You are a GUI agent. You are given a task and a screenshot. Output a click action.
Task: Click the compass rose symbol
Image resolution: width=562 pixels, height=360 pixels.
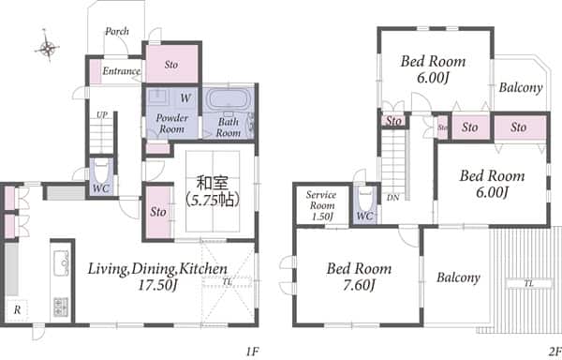(x=47, y=47)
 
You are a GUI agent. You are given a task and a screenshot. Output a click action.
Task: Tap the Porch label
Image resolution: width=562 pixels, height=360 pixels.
(x=117, y=32)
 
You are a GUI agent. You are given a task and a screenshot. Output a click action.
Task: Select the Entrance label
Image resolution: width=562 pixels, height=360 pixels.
(x=122, y=71)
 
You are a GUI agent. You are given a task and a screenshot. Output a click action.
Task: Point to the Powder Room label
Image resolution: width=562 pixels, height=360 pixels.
(x=172, y=123)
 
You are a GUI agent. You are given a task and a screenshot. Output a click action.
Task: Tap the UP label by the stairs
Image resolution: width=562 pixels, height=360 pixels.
(x=102, y=115)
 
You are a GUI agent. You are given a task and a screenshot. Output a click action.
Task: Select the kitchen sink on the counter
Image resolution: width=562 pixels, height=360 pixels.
(x=61, y=262)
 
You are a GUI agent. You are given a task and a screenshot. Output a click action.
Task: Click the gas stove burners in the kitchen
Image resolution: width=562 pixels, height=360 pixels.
(x=61, y=307)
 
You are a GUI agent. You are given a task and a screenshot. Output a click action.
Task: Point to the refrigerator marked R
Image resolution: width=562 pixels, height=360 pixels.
(x=17, y=309)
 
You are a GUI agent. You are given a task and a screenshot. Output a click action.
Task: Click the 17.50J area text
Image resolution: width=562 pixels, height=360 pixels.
(x=157, y=285)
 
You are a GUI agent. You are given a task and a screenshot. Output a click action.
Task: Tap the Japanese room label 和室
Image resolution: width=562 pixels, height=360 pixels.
(x=213, y=183)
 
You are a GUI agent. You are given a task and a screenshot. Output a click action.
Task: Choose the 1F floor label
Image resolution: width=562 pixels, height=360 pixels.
(x=252, y=352)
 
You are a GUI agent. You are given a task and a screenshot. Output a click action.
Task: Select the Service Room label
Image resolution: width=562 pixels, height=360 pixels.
(x=321, y=205)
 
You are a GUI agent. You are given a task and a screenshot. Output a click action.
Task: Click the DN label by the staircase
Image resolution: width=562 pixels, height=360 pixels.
(x=393, y=198)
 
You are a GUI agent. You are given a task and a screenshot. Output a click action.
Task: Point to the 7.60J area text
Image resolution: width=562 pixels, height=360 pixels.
(x=359, y=285)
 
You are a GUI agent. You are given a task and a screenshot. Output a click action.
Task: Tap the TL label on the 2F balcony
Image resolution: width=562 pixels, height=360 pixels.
(x=529, y=284)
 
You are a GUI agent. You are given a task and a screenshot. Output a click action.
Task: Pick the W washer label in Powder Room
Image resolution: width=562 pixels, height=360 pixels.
(x=185, y=97)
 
